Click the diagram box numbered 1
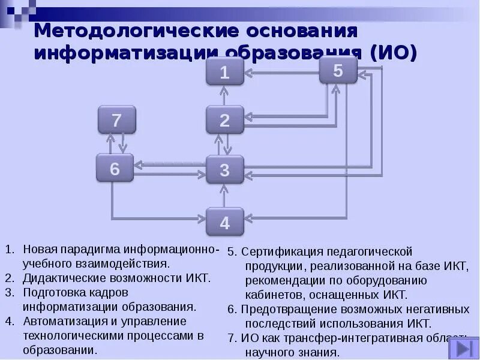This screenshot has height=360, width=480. click(x=224, y=72)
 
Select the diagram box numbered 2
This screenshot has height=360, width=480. click(x=224, y=119)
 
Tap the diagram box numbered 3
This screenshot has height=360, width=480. click(x=224, y=169)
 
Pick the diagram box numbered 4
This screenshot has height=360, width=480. click(x=224, y=222)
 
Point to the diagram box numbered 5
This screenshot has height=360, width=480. click(x=338, y=70)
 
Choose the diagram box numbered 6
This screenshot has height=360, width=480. click(x=115, y=168)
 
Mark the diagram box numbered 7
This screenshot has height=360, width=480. click(x=116, y=119)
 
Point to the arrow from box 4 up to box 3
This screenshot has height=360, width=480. click(x=224, y=196)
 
